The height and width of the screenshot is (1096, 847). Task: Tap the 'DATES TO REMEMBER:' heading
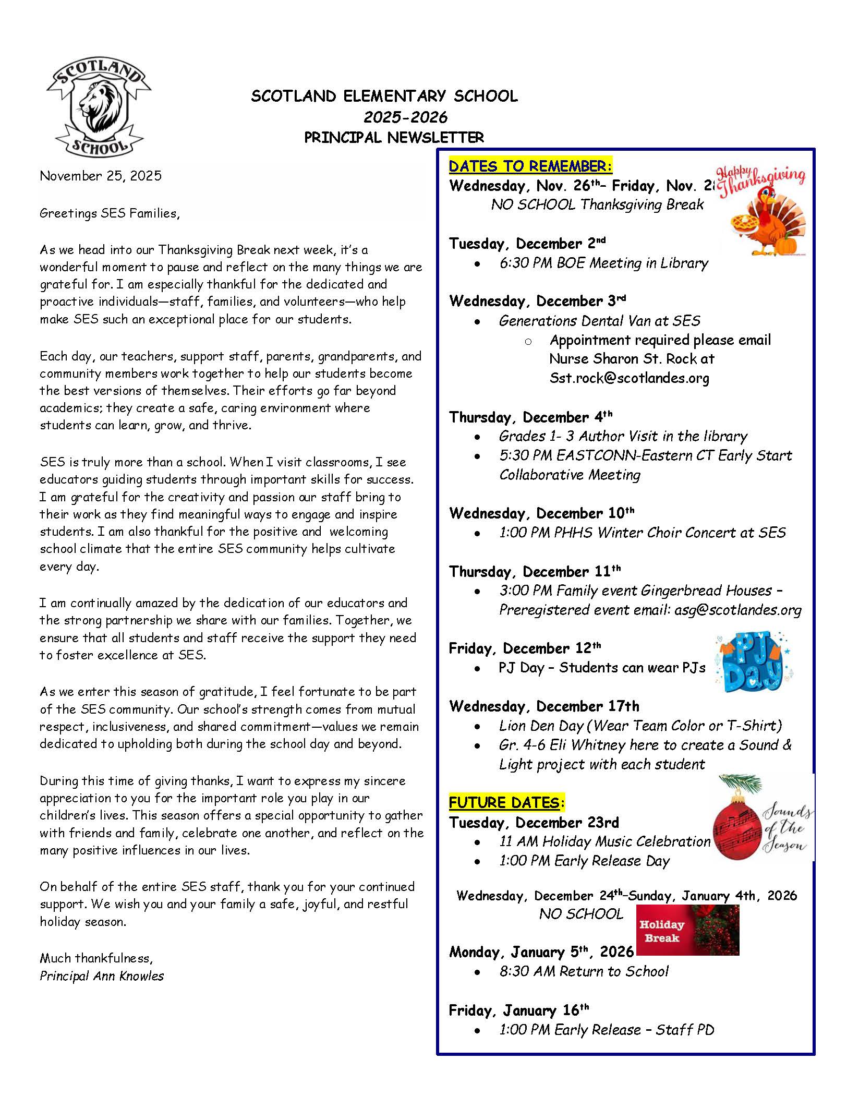click(530, 166)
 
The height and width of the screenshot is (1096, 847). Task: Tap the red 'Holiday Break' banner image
click(687, 930)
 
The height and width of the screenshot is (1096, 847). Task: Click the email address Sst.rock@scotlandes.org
click(629, 378)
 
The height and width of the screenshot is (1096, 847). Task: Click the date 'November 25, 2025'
click(101, 176)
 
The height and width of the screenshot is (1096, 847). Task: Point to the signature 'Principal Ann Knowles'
click(102, 976)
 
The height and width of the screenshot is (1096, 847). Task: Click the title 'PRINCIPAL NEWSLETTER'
click(394, 138)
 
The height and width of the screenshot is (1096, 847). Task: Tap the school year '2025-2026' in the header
click(405, 117)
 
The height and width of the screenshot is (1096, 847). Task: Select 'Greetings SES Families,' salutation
click(110, 213)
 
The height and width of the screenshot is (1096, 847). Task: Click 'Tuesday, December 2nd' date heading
click(527, 244)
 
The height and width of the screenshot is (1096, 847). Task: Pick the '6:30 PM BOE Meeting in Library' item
click(603, 263)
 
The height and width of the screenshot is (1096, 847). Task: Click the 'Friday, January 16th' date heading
click(518, 1010)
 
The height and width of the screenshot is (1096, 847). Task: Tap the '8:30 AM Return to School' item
click(584, 971)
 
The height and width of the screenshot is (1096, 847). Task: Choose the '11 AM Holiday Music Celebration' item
click(604, 841)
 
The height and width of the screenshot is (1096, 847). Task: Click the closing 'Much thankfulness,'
click(96, 958)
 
